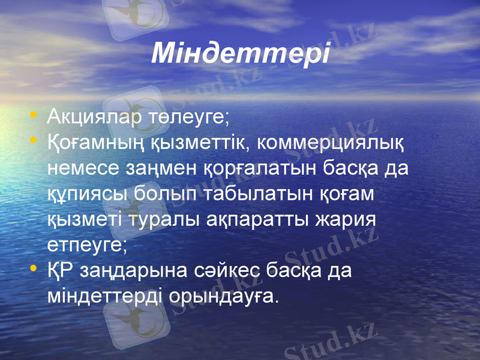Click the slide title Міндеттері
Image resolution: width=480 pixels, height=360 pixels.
(x=241, y=53)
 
